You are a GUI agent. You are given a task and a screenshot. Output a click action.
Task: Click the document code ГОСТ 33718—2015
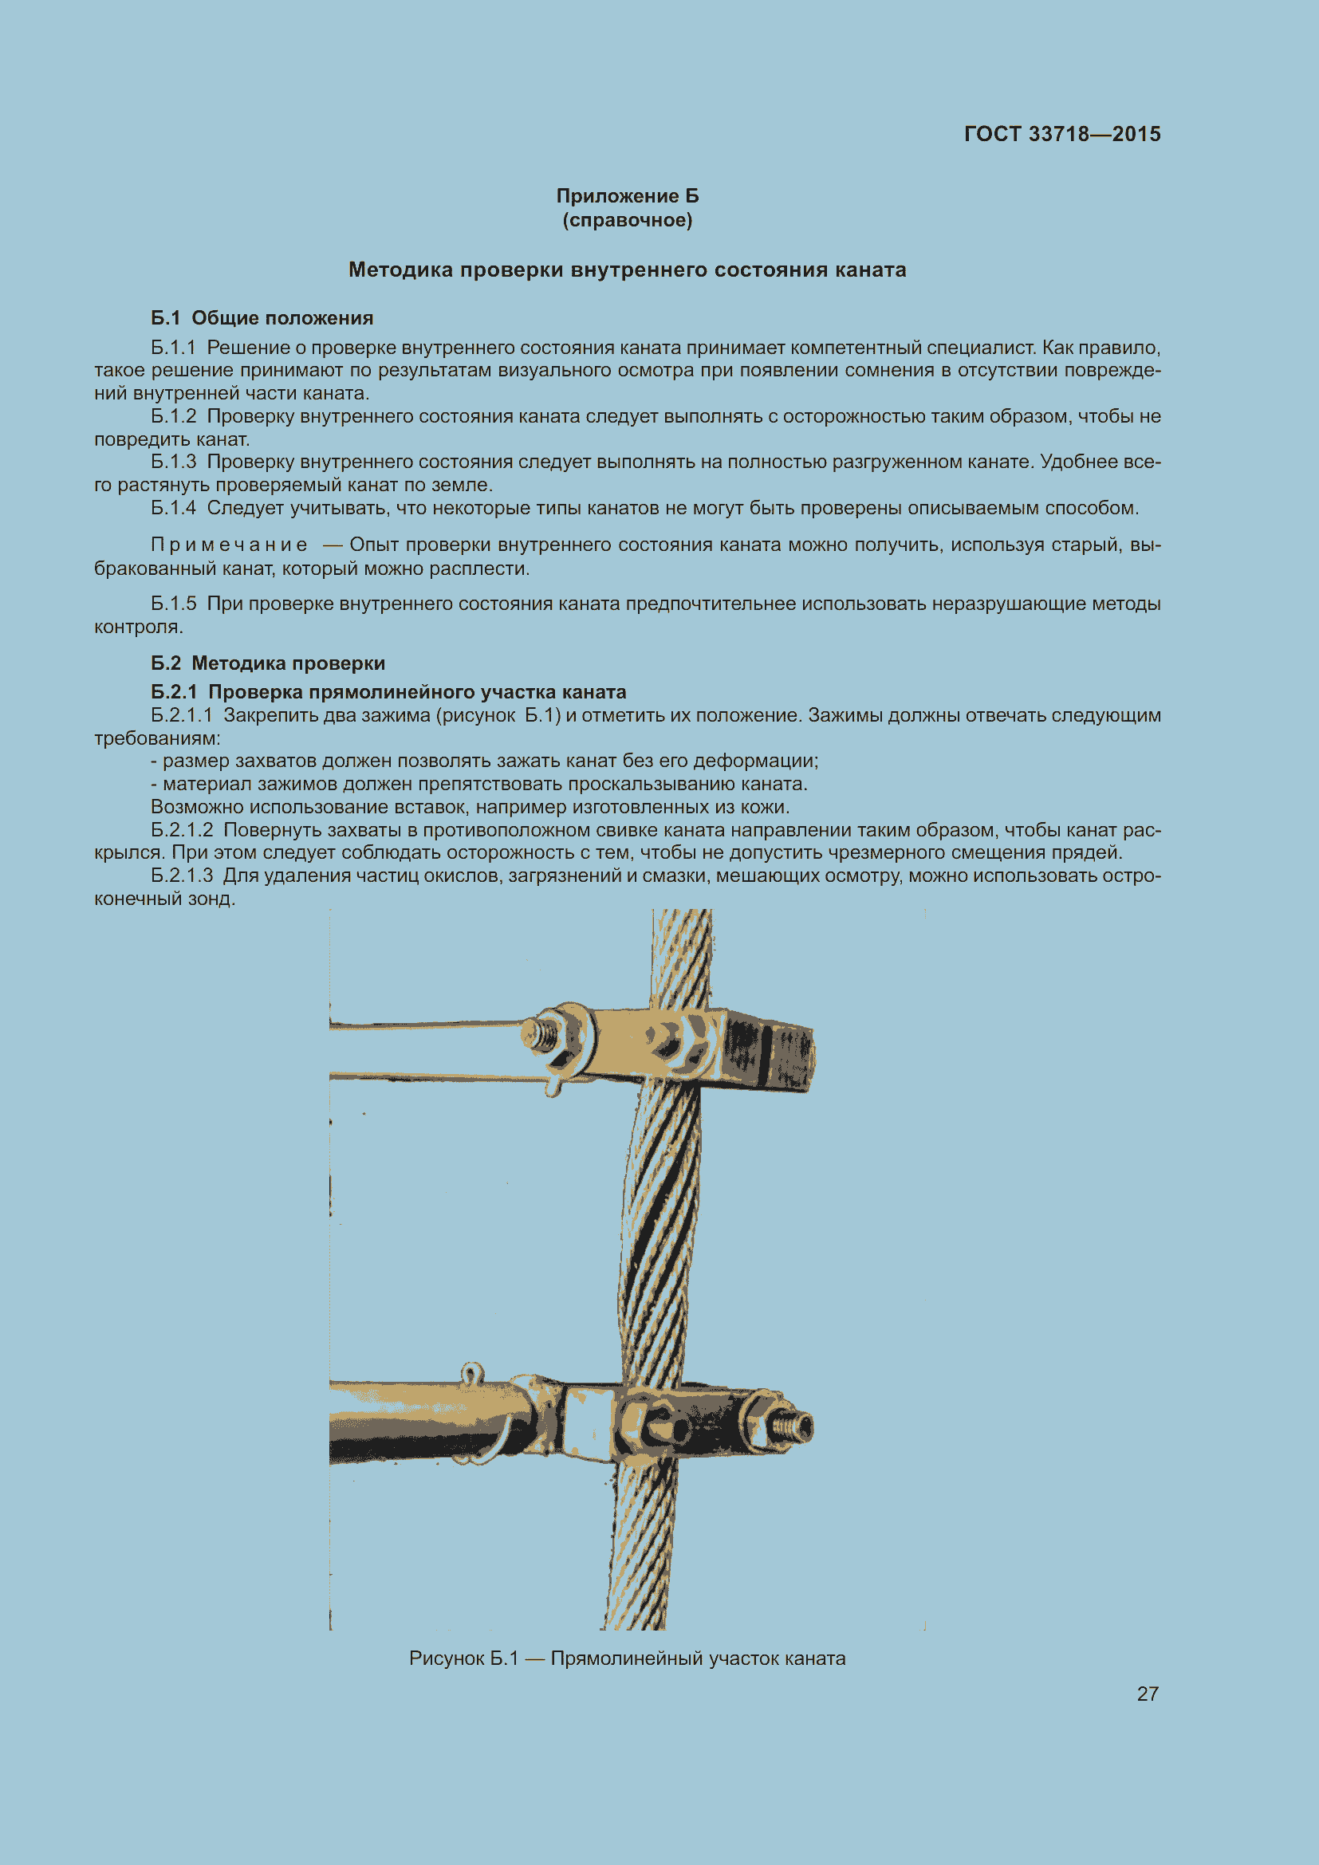(x=1061, y=134)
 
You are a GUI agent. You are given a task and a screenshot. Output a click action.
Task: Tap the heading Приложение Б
(x=627, y=196)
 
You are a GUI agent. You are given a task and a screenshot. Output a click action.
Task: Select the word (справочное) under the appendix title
(x=627, y=220)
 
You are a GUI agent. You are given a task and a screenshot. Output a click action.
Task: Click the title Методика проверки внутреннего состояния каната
(x=627, y=270)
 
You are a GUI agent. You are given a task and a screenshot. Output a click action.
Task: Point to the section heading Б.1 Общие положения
(x=262, y=317)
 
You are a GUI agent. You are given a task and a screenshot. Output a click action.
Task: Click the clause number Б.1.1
(x=173, y=348)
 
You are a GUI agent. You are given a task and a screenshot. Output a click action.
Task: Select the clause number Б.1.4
(x=173, y=508)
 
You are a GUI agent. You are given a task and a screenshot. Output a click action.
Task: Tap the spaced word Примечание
(x=229, y=545)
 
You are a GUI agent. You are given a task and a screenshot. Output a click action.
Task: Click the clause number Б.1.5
(x=173, y=604)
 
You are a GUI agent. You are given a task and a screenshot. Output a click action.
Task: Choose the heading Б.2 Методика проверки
(x=268, y=663)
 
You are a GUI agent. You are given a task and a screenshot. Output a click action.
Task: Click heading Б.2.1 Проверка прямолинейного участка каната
(x=388, y=692)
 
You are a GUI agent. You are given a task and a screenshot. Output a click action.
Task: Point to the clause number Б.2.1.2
(x=181, y=830)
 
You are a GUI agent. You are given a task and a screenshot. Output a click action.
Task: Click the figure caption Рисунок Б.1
(x=463, y=1658)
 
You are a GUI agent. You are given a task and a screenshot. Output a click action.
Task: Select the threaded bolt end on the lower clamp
(x=792, y=1425)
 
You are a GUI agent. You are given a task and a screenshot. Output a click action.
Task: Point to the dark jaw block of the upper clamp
(x=767, y=1049)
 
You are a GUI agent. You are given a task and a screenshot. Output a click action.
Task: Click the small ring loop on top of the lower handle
(x=472, y=1374)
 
